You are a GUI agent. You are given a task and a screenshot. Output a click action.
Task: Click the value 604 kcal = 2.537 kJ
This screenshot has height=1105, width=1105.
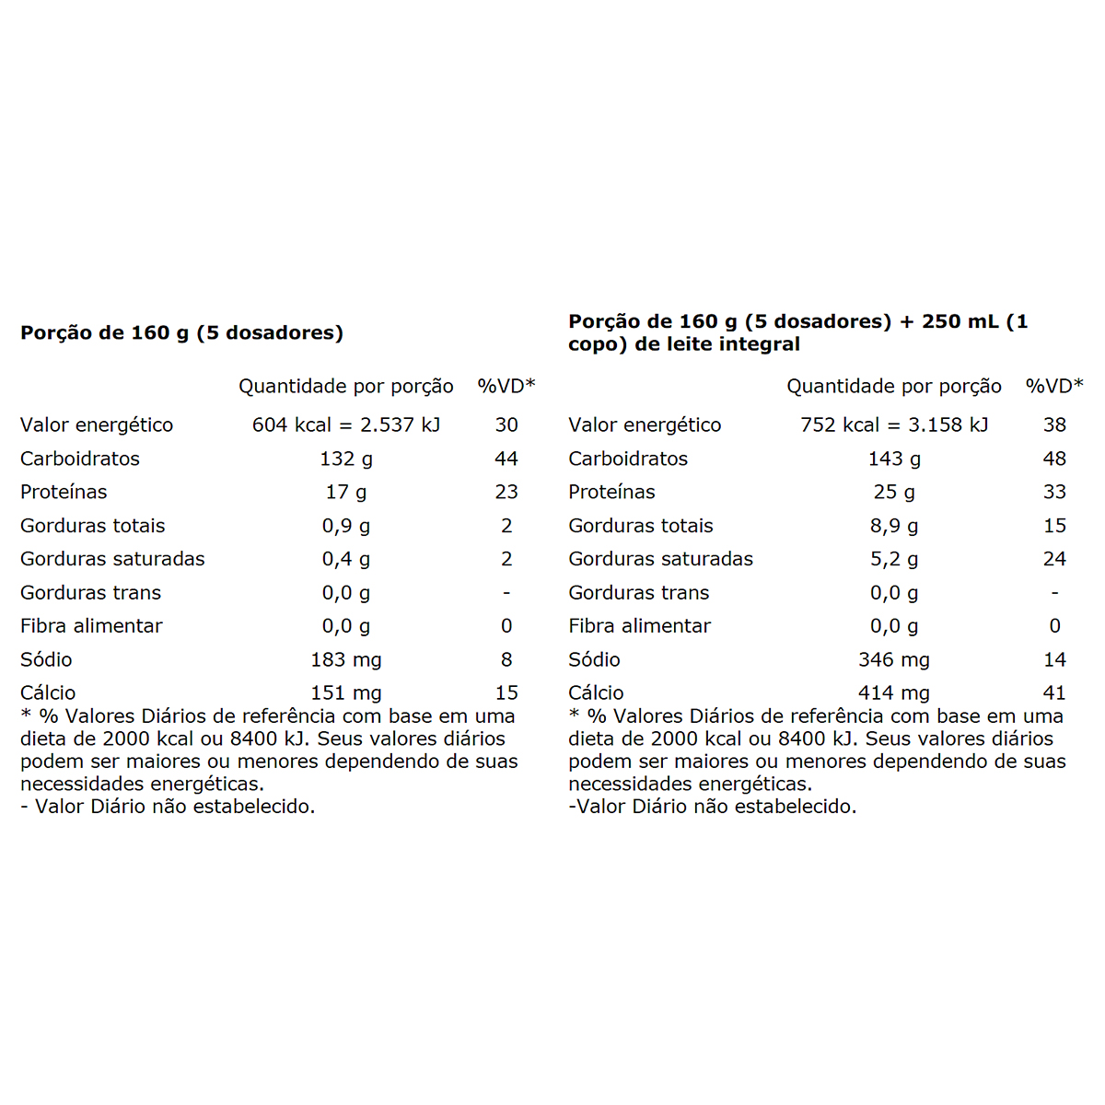click(x=346, y=425)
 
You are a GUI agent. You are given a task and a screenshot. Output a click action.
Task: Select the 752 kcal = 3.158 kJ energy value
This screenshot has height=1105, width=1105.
click(x=894, y=425)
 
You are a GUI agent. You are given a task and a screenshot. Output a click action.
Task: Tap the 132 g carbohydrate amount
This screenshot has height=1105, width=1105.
click(x=346, y=459)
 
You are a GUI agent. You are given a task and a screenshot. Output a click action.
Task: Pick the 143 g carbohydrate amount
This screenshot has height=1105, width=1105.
click(x=894, y=459)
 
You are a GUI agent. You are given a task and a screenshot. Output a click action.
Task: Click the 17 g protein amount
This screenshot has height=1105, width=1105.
click(x=346, y=492)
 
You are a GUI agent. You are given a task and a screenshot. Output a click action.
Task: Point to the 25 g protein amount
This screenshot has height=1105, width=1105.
click(x=894, y=492)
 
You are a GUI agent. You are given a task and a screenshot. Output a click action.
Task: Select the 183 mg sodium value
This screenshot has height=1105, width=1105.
click(x=346, y=659)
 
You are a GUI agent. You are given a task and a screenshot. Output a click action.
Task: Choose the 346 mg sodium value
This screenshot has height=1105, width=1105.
click(x=894, y=659)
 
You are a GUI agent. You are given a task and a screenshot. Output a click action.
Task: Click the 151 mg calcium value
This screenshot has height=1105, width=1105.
click(x=346, y=692)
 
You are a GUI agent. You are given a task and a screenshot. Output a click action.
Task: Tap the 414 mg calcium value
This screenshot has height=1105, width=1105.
click(x=894, y=692)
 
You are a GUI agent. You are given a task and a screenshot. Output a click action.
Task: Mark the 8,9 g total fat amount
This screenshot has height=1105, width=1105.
click(x=894, y=526)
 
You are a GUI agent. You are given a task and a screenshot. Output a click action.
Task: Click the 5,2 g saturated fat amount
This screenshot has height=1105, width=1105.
click(x=894, y=559)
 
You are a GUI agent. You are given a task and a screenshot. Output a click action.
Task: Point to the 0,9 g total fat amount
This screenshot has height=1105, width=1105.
click(x=346, y=526)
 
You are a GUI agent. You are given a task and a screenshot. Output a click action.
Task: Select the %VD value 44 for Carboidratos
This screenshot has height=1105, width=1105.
click(x=506, y=459)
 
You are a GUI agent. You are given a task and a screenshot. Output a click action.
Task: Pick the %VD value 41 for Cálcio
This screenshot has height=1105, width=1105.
click(x=1054, y=692)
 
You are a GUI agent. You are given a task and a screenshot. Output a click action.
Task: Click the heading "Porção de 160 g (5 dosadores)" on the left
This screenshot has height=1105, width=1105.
click(x=181, y=332)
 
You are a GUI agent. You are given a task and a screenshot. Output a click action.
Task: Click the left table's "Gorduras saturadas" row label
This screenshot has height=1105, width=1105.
click(x=112, y=559)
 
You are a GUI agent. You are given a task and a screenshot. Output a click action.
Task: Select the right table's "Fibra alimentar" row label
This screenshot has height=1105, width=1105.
click(x=639, y=626)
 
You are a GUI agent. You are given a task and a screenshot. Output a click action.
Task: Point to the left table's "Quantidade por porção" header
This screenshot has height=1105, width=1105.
click(x=346, y=386)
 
